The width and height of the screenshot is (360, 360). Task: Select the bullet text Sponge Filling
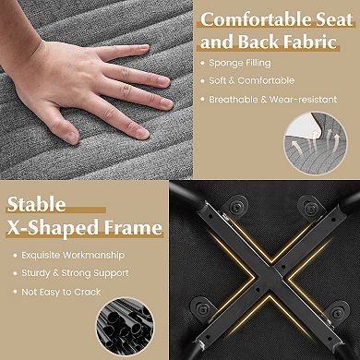[240, 63]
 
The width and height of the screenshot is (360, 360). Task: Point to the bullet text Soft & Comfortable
[252, 80]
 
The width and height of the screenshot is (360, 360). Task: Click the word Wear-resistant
[303, 100]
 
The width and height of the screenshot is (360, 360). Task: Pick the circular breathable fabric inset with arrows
[316, 143]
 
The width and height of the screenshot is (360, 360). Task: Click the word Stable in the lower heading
[36, 204]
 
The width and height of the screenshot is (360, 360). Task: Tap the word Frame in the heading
[133, 228]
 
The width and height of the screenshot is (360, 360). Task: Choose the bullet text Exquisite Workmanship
[73, 255]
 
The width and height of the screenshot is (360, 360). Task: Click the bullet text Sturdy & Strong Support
[75, 273]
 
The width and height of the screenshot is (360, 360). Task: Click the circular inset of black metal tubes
[125, 327]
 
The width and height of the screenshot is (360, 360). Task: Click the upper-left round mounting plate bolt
[236, 208]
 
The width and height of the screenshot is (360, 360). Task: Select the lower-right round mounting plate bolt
[337, 313]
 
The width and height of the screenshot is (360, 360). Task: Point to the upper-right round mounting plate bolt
[311, 209]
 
